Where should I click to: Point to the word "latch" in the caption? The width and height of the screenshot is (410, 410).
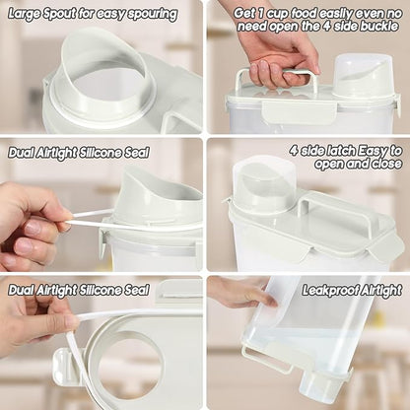pyautogui.click(x=339, y=151)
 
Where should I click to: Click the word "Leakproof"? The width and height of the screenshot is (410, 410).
pyautogui.click(x=330, y=291)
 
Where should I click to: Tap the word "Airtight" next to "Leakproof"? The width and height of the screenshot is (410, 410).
pyautogui.click(x=381, y=291)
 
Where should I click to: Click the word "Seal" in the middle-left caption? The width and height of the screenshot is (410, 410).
pyautogui.click(x=137, y=153)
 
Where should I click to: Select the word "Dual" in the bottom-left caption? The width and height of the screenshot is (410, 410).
pyautogui.click(x=21, y=291)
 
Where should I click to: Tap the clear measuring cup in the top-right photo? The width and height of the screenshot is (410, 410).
pyautogui.click(x=362, y=76)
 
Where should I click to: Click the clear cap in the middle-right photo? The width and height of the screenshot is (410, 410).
pyautogui.click(x=263, y=184)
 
